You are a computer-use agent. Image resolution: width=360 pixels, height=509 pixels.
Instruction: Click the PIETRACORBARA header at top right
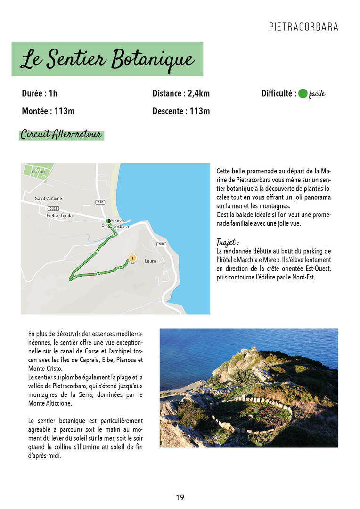tap(303, 27)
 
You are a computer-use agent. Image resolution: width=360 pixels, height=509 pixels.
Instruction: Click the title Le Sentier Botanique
tap(107, 60)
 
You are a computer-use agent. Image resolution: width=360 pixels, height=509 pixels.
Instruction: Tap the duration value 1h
tap(53, 93)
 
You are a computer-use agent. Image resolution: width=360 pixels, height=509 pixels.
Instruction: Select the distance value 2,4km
tap(198, 93)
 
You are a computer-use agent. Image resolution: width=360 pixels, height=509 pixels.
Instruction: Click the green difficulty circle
tap(303, 93)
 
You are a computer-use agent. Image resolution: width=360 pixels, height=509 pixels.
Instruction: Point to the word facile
tap(317, 94)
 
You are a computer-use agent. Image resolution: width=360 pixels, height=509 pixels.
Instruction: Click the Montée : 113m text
tap(48, 111)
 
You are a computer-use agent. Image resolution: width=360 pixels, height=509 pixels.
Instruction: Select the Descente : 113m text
tap(181, 111)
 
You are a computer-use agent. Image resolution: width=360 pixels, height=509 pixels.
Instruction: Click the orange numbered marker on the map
tap(132, 258)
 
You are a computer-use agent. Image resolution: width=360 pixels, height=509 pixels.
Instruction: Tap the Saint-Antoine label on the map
tap(49, 199)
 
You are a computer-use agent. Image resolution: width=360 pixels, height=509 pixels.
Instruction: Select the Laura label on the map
tap(150, 261)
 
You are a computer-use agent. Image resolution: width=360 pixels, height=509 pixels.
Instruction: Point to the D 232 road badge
tap(54, 208)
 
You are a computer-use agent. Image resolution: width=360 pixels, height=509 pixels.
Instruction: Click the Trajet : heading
tap(227, 242)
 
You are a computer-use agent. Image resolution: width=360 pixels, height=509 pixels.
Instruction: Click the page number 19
tap(180, 497)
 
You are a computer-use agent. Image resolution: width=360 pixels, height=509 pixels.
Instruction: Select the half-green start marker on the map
tap(109, 221)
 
